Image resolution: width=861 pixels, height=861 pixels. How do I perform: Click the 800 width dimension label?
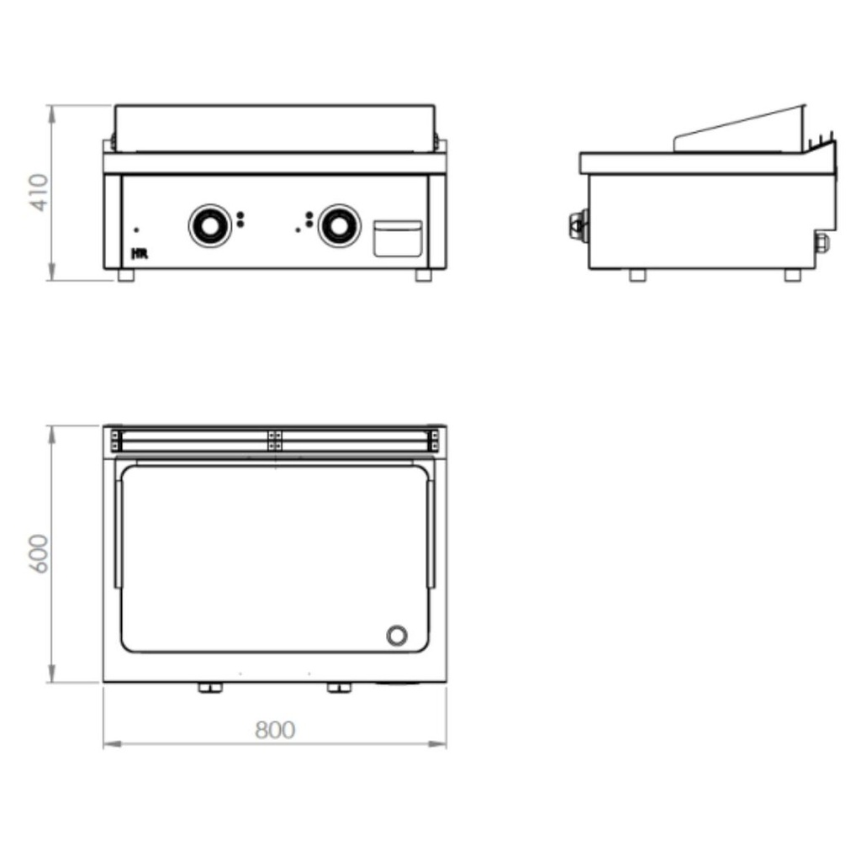coord(275,730)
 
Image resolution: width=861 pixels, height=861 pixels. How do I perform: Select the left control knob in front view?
coord(207,224)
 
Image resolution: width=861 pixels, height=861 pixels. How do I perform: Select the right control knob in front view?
coord(339,224)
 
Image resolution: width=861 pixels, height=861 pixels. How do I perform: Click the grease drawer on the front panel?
coord(397,238)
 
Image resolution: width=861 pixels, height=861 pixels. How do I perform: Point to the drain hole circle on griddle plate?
coord(397,635)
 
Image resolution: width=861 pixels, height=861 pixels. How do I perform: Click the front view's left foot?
coord(125,275)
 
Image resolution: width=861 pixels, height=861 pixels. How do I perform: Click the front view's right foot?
coord(424,275)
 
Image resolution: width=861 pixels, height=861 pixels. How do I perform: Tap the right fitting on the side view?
coord(821,242)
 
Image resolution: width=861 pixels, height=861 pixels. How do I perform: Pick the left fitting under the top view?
coord(209,689)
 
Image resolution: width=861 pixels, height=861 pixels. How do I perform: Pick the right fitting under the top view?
coord(338,689)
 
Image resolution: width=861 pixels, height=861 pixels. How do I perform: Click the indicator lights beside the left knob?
coord(240,220)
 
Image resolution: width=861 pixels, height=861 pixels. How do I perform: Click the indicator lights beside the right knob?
coord(309,220)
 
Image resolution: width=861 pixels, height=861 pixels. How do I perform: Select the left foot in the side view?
coord(637,275)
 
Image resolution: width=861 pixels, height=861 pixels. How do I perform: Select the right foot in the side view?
coord(793,275)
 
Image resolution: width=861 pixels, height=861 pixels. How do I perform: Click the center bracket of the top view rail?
coord(275,440)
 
